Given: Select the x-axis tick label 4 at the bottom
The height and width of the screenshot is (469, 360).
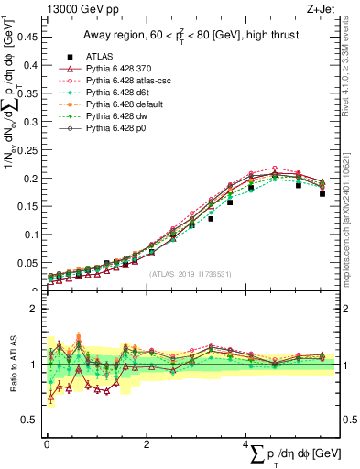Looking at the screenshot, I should [246, 444].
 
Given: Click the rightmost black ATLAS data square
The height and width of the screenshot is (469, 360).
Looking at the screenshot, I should [322, 193].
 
